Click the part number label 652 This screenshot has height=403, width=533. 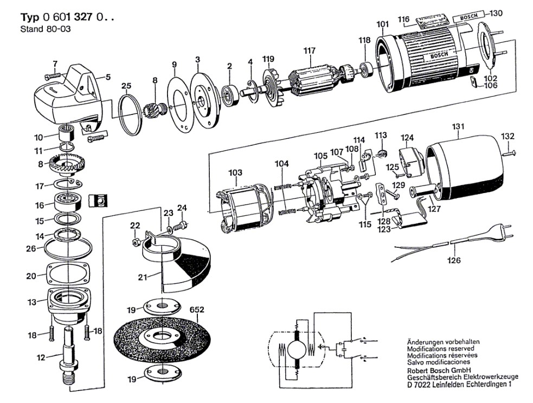click(197, 310)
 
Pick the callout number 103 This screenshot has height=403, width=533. click(235, 173)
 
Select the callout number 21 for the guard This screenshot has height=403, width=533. click(142, 278)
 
